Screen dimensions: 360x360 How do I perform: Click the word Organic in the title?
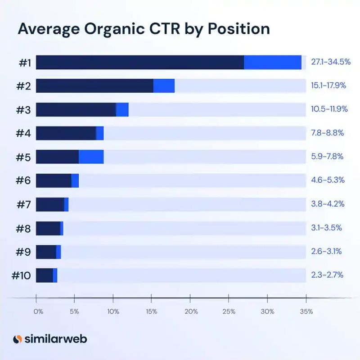point(114,29)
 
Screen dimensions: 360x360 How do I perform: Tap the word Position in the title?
point(239,29)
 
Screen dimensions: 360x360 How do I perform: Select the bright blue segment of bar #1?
point(273,62)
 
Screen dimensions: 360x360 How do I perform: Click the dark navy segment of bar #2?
point(94,86)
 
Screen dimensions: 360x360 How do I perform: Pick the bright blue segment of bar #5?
point(91,157)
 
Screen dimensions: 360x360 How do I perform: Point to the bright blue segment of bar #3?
point(122,110)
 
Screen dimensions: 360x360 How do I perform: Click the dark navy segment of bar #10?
point(45,275)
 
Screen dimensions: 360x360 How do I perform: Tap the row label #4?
point(23,133)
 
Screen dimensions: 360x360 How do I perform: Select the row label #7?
point(24,204)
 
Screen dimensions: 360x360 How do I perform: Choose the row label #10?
point(21,275)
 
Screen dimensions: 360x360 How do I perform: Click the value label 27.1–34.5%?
point(331,62)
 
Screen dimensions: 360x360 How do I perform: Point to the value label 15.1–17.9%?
point(328,85)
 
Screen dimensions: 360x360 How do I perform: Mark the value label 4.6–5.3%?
point(328,180)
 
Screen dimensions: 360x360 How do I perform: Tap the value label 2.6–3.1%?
point(327,252)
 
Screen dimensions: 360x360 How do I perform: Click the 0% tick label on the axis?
point(38,311)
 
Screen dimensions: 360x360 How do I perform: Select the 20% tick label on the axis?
point(191,311)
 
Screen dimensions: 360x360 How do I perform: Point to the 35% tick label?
point(306,311)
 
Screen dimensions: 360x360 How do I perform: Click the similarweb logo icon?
point(18,339)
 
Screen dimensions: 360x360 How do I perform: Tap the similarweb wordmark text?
point(56,339)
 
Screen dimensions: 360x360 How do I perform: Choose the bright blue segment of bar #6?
point(75,181)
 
